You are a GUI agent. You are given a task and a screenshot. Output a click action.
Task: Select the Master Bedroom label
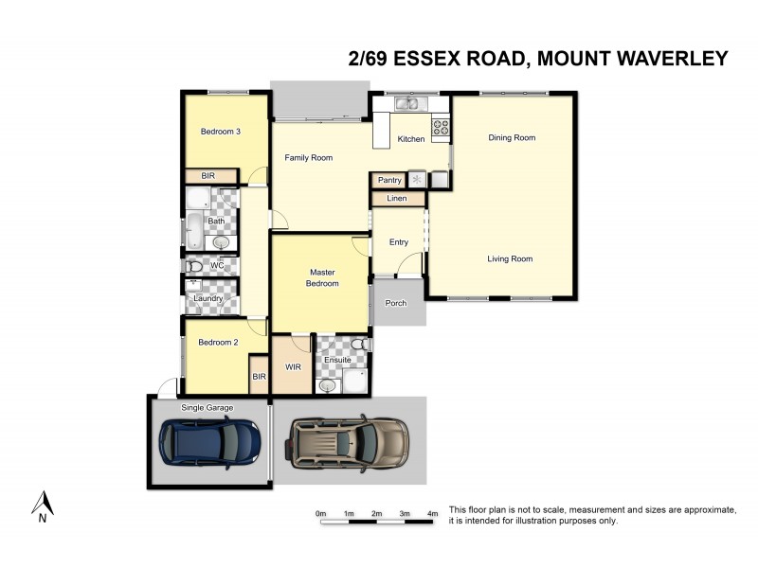322,277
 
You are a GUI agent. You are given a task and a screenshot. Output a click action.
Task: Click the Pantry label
389,180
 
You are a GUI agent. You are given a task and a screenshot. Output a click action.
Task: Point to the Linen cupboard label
397,199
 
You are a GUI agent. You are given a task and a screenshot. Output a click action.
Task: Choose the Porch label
395,304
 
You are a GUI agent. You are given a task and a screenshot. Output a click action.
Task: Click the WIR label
292,366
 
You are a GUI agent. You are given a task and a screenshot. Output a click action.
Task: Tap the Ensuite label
337,361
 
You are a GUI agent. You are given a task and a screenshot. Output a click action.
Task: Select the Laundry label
208,299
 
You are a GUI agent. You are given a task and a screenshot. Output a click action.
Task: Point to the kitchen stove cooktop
441,125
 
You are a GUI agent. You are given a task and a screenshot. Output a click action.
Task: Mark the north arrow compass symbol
42,505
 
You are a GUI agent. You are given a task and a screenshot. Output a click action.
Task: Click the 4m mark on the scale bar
432,514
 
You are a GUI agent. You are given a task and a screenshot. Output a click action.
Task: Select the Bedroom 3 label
220,132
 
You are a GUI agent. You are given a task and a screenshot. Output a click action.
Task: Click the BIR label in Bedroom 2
259,377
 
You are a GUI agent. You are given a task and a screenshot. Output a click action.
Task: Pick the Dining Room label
512,138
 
